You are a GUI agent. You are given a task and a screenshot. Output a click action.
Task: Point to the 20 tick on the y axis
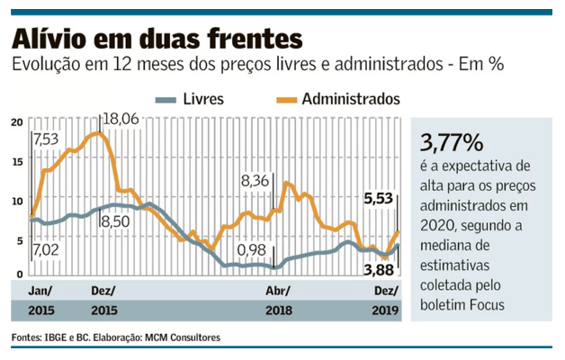17,121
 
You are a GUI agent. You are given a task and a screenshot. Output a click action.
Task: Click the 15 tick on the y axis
17,160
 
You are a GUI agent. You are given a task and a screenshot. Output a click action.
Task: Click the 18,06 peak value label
120,119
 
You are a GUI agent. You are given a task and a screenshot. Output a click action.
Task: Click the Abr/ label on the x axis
279,291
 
